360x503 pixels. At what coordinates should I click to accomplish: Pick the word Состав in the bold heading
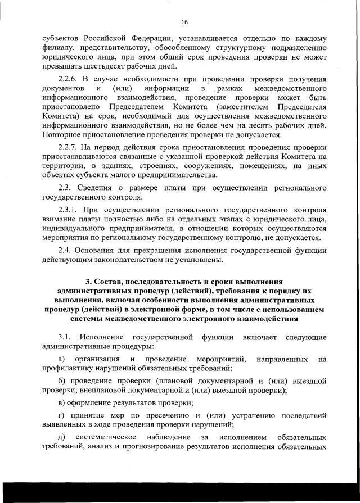(108, 282)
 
